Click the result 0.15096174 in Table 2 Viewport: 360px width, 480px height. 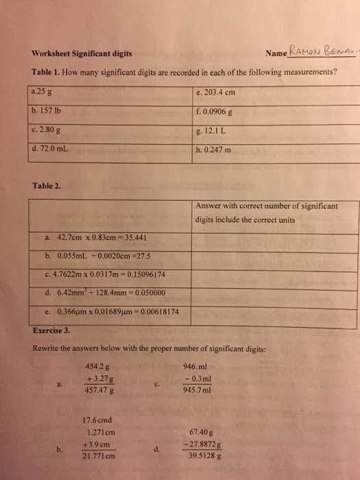(x=148, y=275)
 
